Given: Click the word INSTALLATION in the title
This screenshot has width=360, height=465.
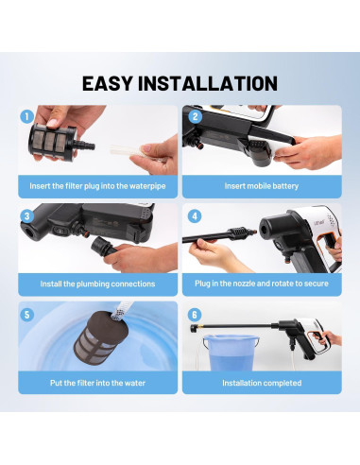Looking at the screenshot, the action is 208,83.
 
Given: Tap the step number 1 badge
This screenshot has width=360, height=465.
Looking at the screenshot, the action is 27,116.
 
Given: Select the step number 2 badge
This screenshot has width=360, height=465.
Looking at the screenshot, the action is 195,116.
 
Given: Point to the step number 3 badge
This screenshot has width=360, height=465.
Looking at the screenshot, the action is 27,216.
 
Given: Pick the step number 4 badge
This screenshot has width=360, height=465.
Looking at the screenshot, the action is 195,216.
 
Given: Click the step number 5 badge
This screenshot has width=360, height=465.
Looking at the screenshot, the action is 27,315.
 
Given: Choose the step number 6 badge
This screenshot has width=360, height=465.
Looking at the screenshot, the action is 195,315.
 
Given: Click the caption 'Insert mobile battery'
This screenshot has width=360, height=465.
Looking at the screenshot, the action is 262,186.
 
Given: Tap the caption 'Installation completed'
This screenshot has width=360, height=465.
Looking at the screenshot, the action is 262,383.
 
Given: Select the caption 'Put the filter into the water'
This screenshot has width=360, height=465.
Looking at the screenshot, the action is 97,383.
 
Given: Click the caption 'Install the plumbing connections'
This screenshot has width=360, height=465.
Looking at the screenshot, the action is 97,284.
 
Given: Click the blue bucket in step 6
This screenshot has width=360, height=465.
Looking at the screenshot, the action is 231,353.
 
